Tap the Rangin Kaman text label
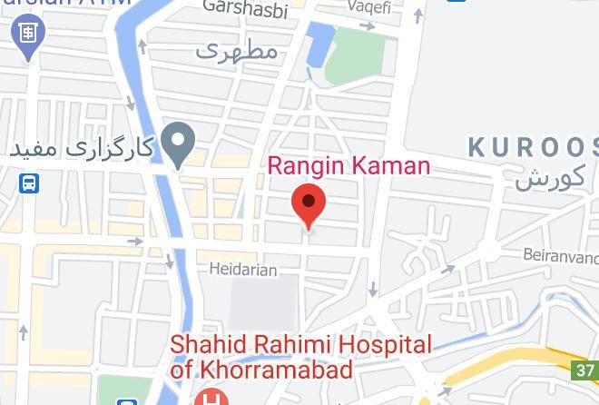(349, 166)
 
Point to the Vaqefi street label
(373, 6)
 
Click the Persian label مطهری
(236, 51)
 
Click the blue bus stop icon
(30, 184)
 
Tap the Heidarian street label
(242, 270)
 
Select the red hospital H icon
(211, 399)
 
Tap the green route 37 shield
(585, 370)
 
